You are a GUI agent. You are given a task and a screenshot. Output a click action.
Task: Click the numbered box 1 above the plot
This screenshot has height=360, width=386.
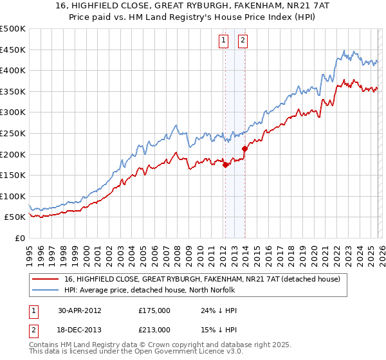223,40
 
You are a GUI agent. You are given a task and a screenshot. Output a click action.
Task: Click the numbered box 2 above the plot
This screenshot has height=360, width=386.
243,40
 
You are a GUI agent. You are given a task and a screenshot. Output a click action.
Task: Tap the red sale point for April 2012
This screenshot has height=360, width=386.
225,165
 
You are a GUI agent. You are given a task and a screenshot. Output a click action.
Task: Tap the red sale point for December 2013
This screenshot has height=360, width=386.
244,148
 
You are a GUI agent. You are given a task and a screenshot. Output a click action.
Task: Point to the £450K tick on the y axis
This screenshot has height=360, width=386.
13,50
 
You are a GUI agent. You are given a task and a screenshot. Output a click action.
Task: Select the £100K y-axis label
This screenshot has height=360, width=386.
13,196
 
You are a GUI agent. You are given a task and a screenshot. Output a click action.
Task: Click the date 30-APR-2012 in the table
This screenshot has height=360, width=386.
79,310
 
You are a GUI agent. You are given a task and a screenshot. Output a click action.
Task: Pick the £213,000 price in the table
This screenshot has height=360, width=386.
154,329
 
